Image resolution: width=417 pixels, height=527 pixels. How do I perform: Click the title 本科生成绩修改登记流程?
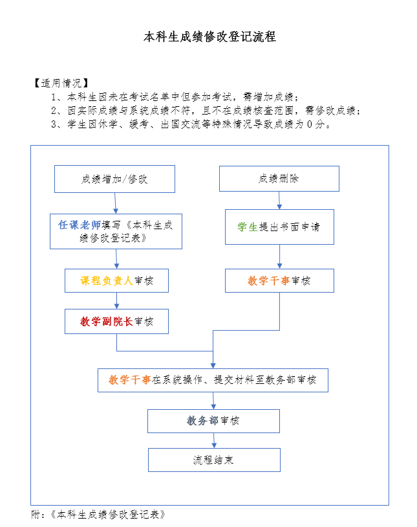tap(209, 37)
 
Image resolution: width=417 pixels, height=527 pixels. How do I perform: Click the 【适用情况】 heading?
tap(59, 84)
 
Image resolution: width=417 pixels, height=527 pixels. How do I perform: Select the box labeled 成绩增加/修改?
tap(114, 179)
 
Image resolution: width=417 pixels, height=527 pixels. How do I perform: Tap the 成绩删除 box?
tap(279, 179)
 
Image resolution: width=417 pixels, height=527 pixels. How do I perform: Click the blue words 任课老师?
tap(79, 225)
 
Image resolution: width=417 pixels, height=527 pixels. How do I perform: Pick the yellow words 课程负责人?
tap(106, 281)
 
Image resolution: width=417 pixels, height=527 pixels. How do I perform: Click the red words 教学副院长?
tap(106, 321)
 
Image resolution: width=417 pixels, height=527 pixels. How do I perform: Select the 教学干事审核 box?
tap(279, 281)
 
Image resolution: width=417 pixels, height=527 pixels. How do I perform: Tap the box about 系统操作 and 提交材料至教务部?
tap(213, 380)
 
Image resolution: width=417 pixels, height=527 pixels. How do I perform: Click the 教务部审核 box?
tap(213, 421)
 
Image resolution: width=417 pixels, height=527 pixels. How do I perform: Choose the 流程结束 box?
tap(214, 460)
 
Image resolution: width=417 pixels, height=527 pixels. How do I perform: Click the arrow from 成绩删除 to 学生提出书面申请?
tap(279, 200)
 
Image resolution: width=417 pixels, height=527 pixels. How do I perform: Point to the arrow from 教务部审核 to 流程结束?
tap(214, 440)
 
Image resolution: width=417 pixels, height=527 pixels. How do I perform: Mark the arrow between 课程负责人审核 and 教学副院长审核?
tap(116, 300)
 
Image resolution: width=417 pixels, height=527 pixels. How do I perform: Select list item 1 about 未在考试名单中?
tap(175, 97)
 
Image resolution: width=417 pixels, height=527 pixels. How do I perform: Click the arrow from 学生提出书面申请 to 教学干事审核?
tap(279, 256)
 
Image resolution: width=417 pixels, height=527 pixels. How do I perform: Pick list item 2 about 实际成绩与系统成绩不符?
tap(206, 111)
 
